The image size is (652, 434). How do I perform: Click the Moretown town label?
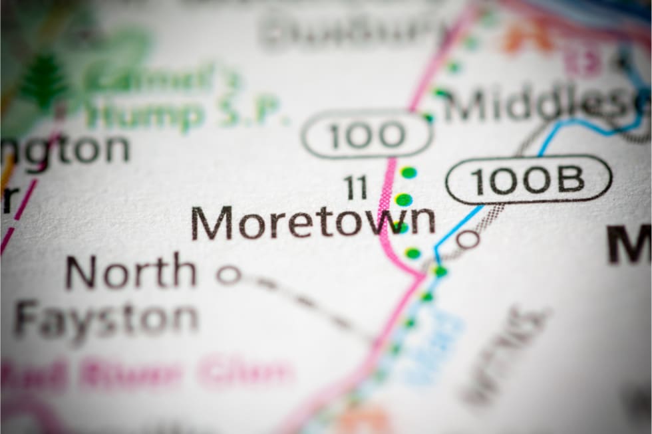313,223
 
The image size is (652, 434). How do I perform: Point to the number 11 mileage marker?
356,187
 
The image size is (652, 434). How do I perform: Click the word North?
131,272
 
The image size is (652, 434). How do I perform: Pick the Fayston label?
106,318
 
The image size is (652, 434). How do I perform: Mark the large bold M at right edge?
628,245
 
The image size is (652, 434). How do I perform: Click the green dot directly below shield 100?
408,172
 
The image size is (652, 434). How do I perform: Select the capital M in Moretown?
212,223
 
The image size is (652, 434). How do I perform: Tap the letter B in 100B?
570,179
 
